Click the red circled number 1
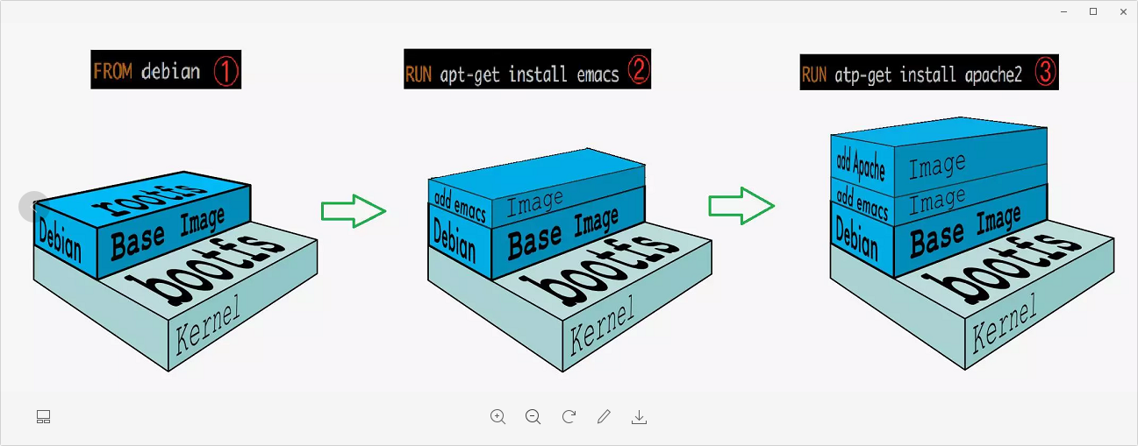pyautogui.click(x=225, y=71)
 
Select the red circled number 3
pyautogui.click(x=1045, y=73)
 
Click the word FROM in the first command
pyautogui.click(x=112, y=71)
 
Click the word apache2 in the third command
pyautogui.click(x=995, y=74)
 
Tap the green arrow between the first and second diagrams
pyautogui.click(x=353, y=211)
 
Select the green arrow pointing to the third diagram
pyautogui.click(x=741, y=206)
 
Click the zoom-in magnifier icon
pyautogui.click(x=497, y=417)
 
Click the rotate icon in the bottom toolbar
pyautogui.click(x=569, y=417)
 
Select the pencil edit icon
pyautogui.click(x=604, y=417)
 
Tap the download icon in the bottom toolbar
pyautogui.click(x=639, y=417)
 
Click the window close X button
pyautogui.click(x=1123, y=11)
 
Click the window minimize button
pyautogui.click(x=1063, y=11)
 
